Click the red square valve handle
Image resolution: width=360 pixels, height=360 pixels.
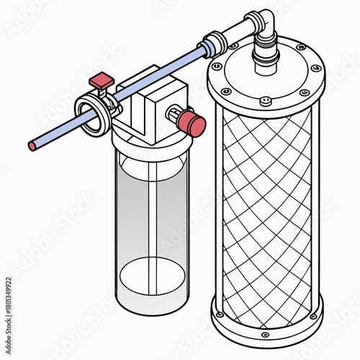(x=102, y=79)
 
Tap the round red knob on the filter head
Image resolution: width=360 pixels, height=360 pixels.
(x=192, y=122)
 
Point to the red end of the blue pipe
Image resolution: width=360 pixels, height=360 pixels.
(x=32, y=146)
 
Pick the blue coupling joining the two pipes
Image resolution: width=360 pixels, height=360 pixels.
(x=210, y=45)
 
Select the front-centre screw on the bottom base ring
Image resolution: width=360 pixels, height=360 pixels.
(x=265, y=335)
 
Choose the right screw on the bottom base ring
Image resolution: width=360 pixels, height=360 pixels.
(x=312, y=316)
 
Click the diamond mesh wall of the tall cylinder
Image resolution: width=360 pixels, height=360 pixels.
(x=266, y=216)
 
